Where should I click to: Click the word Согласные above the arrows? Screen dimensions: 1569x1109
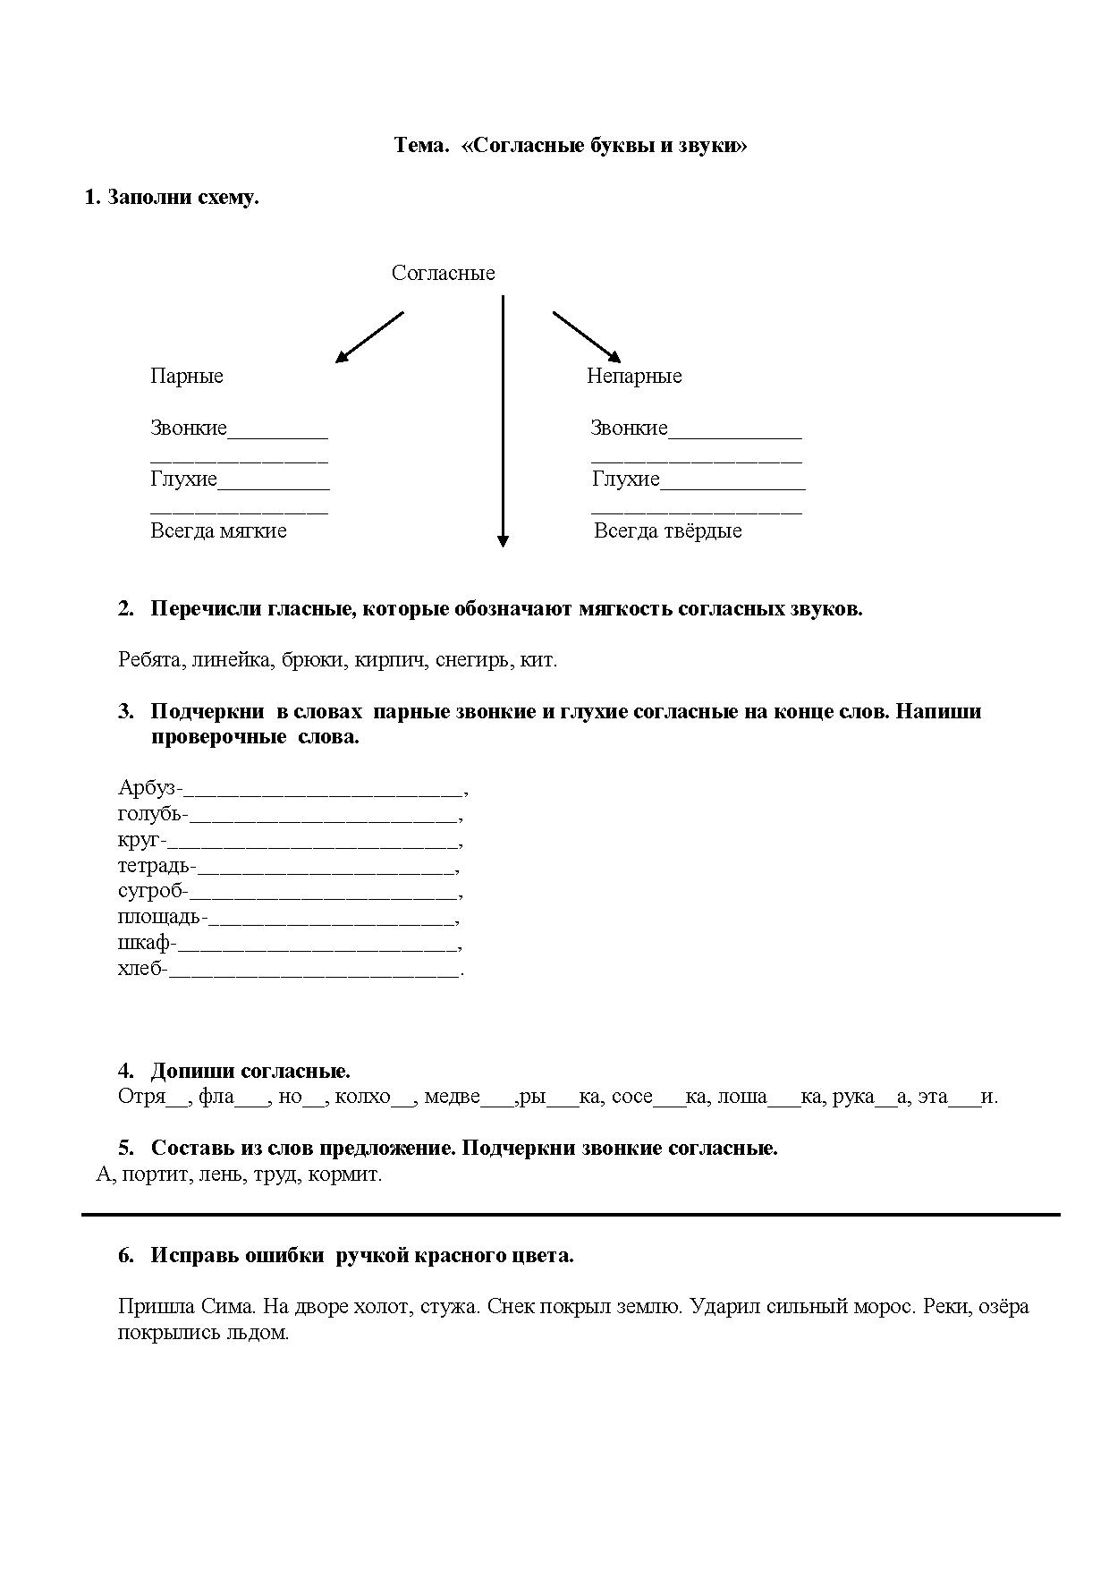443,274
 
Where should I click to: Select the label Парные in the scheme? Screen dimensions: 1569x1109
187,377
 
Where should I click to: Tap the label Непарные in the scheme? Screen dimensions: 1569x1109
634,377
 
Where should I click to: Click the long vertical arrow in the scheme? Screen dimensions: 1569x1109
503,420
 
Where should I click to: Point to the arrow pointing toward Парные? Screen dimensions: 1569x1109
369,337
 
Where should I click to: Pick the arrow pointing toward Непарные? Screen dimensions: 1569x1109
587,336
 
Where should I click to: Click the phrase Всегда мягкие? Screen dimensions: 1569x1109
218,531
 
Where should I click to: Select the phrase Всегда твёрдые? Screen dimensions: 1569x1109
668,531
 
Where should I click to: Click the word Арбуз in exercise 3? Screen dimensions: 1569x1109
147,788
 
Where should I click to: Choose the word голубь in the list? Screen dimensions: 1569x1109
149,815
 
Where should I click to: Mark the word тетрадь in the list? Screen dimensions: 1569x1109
154,866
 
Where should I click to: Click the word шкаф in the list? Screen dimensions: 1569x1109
144,944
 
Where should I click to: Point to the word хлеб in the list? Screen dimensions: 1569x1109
140,969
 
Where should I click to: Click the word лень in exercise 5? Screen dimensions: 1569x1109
221,1175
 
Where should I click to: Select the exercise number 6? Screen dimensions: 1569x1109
125,1256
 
